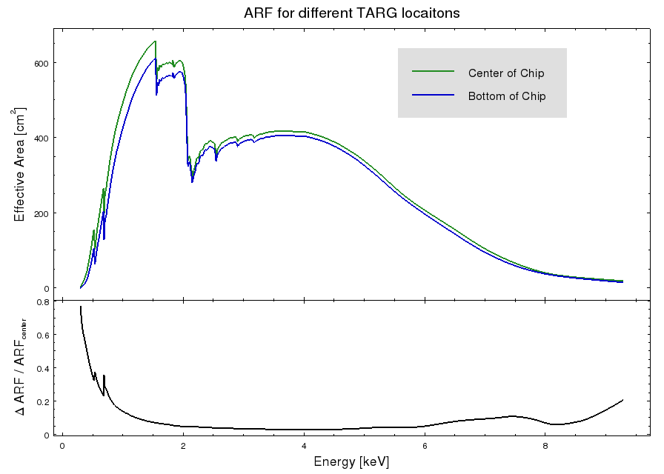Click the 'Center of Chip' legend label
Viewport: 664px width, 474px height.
click(506, 73)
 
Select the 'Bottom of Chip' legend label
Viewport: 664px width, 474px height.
click(507, 96)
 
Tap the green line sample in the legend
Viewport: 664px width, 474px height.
click(433, 72)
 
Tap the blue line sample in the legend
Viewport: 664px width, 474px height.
click(433, 96)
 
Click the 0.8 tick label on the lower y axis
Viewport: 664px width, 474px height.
click(42, 302)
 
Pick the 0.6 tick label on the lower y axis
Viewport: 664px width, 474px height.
click(42, 335)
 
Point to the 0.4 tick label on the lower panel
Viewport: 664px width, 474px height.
click(42, 368)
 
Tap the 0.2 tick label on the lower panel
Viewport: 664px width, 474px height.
click(42, 401)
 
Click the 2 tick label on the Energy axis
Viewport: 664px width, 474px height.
click(183, 446)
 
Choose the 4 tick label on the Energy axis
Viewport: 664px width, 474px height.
click(304, 446)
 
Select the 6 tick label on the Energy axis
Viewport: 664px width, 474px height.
click(425, 446)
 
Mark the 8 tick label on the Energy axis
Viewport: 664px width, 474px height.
click(545, 446)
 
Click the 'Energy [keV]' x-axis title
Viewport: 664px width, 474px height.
click(351, 461)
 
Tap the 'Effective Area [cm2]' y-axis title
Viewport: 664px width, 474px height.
click(20, 164)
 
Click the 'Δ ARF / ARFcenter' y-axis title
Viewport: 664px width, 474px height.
click(20, 366)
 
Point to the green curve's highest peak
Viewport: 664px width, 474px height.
click(155, 41)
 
